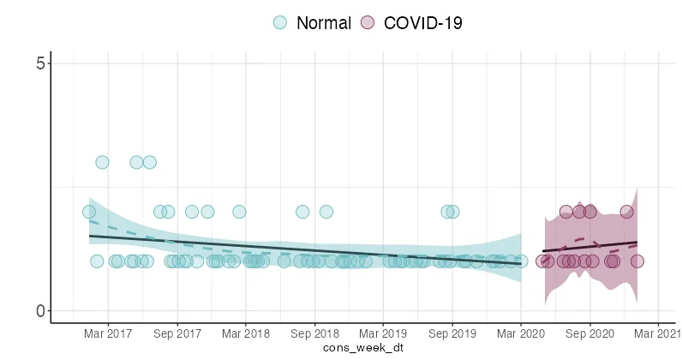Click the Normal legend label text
pos(323,23)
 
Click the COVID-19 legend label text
pos(422,23)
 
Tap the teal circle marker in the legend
pos(280,23)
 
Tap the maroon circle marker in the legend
pos(368,23)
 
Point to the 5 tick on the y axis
pos(39,63)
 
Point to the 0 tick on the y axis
pos(39,311)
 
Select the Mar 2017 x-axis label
pos(108,333)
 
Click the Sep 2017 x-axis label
pos(176,333)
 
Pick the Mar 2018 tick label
pos(245,333)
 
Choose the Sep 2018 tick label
pos(314,333)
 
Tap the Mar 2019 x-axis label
pos(382,333)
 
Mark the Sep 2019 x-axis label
pos(452,333)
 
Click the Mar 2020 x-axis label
pos(520,333)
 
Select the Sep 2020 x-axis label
pos(589,333)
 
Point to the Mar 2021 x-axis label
pos(657,333)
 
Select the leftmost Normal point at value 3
pos(102,162)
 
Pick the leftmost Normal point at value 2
pos(89,212)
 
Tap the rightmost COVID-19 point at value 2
pos(627,212)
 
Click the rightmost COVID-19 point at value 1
pos(637,261)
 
